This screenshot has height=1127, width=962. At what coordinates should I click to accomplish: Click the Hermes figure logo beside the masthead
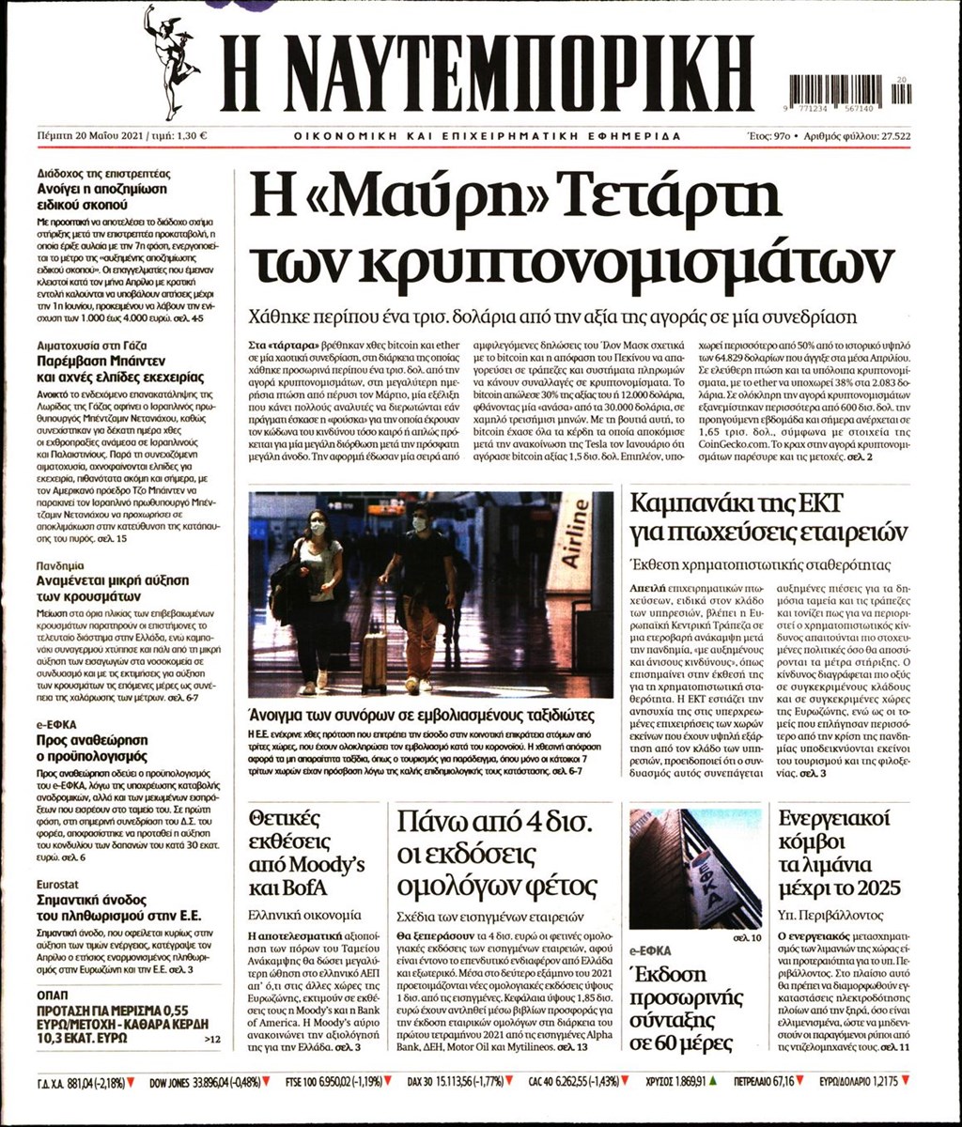[170, 61]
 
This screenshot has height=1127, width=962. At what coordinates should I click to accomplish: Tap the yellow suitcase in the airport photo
[374, 659]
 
